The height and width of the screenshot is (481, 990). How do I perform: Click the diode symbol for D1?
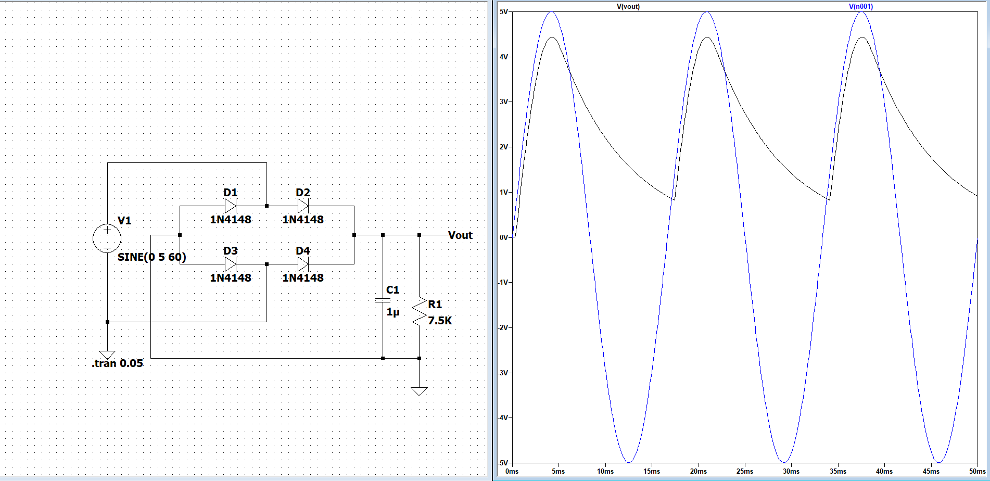(230, 206)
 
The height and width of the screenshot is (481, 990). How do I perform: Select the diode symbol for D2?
(302, 206)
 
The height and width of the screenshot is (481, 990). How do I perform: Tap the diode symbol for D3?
(230, 264)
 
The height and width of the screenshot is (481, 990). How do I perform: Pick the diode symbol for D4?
(302, 264)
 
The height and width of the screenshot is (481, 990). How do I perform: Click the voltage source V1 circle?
(107, 238)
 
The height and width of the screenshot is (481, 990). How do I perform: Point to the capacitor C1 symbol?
(383, 300)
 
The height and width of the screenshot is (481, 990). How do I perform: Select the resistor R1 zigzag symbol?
(419, 312)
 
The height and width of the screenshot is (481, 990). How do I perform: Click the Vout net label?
(460, 235)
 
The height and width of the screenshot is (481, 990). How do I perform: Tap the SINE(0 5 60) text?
(151, 257)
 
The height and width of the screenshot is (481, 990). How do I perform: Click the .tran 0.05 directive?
(118, 363)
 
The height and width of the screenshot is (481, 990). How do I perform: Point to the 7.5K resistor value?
(440, 321)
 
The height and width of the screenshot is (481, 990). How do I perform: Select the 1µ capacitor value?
(393, 312)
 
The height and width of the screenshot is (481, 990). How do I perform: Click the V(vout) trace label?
(628, 7)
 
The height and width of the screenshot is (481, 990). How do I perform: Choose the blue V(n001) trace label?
(861, 7)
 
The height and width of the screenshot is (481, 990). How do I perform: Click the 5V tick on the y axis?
(503, 11)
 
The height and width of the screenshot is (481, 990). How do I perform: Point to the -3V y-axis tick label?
(503, 373)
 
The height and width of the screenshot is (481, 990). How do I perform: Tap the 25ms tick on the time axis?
(745, 471)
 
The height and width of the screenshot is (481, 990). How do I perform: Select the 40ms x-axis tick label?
(884, 471)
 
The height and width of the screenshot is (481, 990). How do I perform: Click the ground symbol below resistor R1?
(419, 391)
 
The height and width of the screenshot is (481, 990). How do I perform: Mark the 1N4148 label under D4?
(303, 278)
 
